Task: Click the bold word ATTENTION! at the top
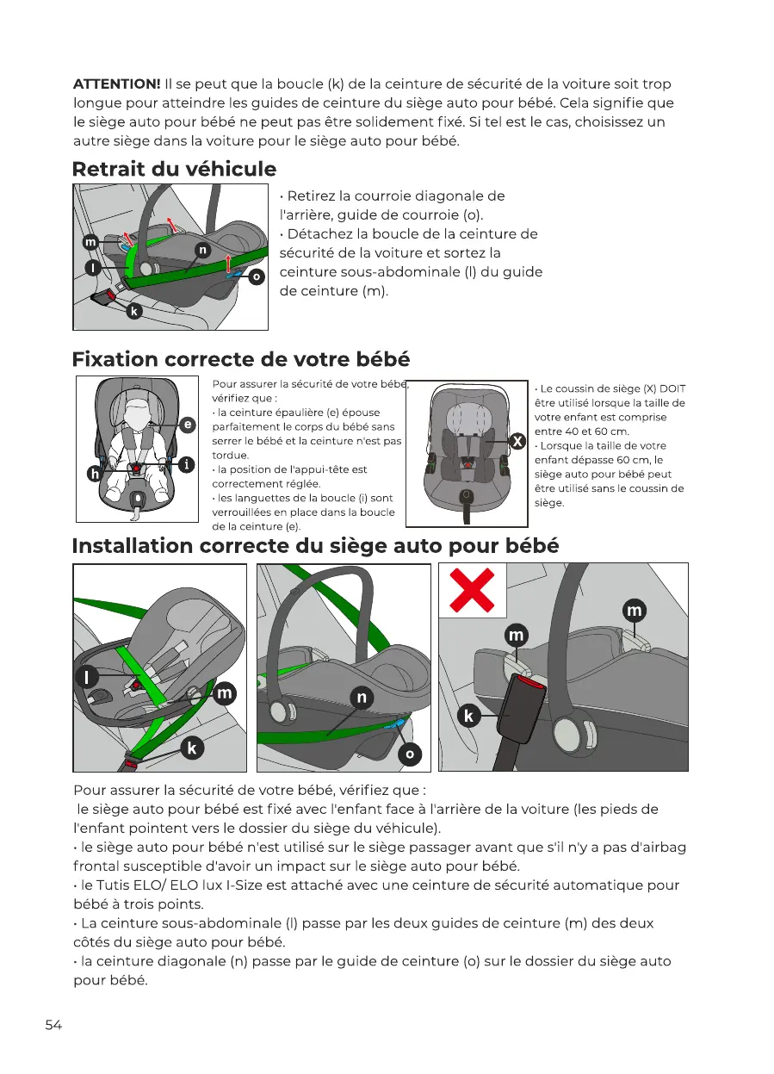click(116, 84)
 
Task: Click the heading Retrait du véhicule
click(174, 169)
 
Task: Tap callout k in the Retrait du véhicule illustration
click(133, 312)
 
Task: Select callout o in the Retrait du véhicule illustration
click(256, 277)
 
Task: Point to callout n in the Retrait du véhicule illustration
click(201, 250)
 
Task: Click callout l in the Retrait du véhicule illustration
click(90, 268)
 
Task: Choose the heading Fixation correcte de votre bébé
click(240, 358)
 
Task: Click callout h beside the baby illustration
click(95, 473)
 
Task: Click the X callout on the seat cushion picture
click(517, 441)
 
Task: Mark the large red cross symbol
click(473, 590)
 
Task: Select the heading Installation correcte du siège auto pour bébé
click(315, 546)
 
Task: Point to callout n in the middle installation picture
click(362, 698)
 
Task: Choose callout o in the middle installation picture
click(410, 754)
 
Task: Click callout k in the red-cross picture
click(469, 716)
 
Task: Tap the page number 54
click(53, 1025)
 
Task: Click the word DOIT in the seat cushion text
click(672, 389)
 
